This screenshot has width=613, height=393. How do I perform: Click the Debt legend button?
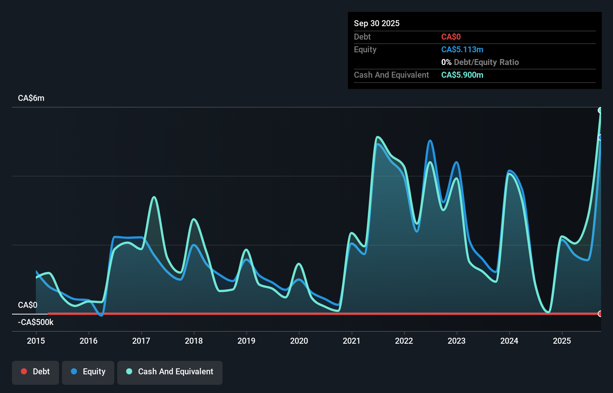coord(35,372)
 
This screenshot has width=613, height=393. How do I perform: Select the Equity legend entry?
coord(88,372)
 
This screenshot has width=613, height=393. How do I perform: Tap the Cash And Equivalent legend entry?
coord(170,372)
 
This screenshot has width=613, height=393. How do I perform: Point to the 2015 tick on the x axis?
coord(36,341)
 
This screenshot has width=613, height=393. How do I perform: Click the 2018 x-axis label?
coord(194,341)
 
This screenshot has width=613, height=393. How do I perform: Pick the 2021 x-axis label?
coord(352,341)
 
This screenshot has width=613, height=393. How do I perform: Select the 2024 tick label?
coord(509,341)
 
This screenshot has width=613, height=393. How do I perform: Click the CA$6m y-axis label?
coord(31,98)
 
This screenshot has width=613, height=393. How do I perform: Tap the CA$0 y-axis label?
coord(28,305)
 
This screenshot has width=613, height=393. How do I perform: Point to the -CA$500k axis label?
coord(36,322)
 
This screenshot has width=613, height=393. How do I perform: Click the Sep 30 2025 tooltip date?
coord(376,23)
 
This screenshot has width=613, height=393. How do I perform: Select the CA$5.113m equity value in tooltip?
coord(462,50)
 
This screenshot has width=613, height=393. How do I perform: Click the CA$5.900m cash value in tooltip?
coord(462,75)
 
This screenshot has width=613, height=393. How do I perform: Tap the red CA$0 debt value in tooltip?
coord(451,37)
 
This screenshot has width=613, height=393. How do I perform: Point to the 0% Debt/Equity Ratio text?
coord(480,62)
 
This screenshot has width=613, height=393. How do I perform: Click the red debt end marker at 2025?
coord(600,313)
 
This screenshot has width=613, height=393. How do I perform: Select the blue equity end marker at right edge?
coord(600,137)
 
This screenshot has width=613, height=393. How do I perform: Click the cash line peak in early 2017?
coord(154,197)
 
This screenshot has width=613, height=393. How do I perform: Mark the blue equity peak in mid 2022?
coord(430,141)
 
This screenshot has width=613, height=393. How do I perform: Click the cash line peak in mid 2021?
coord(377,137)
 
